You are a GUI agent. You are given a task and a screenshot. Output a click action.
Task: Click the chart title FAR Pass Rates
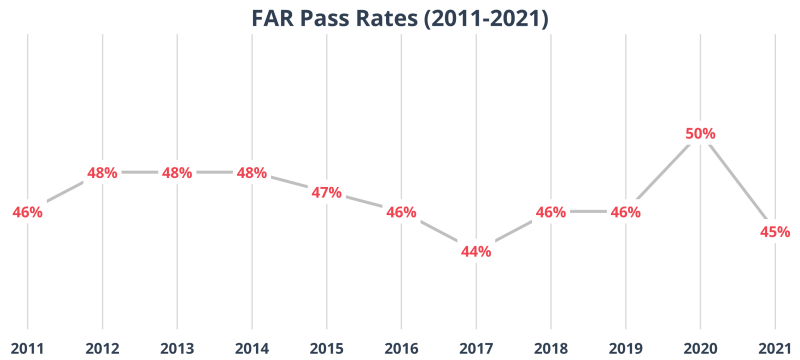[400, 17]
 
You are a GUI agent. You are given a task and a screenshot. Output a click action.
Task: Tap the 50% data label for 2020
[700, 133]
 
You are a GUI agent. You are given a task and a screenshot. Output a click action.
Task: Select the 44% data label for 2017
[476, 251]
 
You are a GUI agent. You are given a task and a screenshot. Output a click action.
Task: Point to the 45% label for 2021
[775, 232]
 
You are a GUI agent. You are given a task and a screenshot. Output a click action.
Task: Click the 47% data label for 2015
[326, 192]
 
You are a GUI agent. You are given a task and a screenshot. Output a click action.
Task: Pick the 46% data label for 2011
[27, 212]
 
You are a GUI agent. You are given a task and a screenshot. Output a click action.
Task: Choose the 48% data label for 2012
[102, 172]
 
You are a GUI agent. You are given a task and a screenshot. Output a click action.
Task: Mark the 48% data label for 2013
[177, 172]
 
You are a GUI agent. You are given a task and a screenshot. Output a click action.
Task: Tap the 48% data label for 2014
[251, 172]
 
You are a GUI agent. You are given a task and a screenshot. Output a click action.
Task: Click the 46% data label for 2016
[401, 212]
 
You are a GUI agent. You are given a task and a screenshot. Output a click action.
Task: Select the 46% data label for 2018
[551, 212]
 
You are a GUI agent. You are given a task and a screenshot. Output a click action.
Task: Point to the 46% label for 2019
[625, 212]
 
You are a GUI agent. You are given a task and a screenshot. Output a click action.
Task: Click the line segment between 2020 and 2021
[735, 180]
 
